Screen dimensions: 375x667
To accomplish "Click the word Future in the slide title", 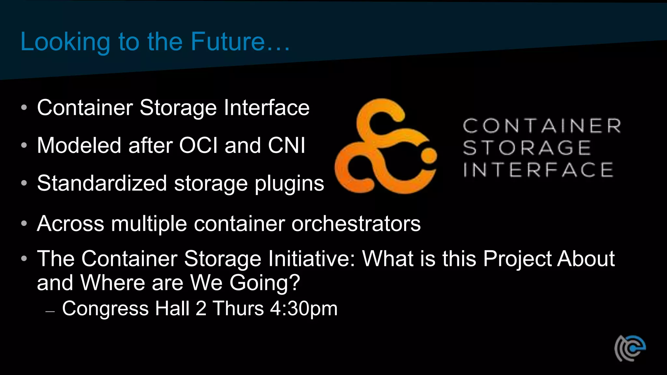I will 228,42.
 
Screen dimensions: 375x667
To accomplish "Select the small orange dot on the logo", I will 429,156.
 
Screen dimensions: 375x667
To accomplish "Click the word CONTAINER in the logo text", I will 542,126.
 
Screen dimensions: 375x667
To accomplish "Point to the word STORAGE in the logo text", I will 527,148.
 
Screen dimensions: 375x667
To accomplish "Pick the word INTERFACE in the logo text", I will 538,170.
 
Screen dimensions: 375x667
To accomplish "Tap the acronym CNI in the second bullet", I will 287,145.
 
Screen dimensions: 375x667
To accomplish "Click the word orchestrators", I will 356,224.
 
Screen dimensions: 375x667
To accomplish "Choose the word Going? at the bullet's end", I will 264,283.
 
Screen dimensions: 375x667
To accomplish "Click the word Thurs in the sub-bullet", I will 238,308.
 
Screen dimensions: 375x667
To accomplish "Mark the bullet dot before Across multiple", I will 24,224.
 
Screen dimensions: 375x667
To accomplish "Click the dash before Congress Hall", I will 50,312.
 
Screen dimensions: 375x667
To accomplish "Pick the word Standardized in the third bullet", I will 102,183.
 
